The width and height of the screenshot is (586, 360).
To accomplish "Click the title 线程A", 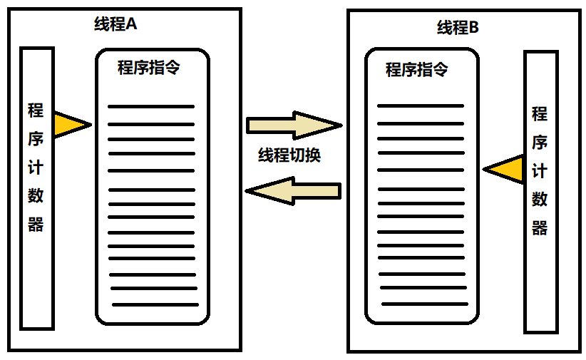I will coord(115,24).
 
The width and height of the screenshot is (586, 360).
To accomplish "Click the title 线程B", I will coord(458,28).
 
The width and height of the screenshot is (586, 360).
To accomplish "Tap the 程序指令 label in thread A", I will coord(148,68).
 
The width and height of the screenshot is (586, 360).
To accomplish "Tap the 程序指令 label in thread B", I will coord(417,70).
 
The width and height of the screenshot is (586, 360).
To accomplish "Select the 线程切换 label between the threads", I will coord(289,156).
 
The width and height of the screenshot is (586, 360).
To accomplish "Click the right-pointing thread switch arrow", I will coord(294,125).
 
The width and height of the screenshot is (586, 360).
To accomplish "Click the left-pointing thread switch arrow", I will coord(293,191).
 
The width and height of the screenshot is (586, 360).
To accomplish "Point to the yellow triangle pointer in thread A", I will coord(69,125).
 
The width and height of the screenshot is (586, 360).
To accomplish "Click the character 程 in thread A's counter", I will coord(36,110).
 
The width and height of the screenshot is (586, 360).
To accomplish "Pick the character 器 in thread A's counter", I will coord(36,225).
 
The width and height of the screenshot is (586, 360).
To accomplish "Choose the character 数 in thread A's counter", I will coord(36,196).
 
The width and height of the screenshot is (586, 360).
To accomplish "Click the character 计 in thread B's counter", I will coord(540,171).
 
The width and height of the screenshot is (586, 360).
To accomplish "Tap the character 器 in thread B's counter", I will coord(540,228).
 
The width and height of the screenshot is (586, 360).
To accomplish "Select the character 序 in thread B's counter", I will coord(540,143).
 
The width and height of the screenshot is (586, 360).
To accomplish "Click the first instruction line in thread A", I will coord(151,106).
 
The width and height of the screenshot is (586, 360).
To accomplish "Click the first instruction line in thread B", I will coord(420,106).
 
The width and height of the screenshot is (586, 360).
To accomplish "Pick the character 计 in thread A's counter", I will coord(36,168).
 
